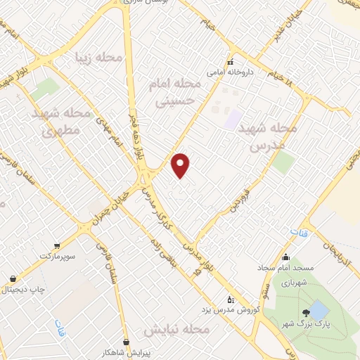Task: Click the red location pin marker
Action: (181, 165)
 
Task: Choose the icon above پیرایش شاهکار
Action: (126, 342)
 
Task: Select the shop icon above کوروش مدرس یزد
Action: (230, 298)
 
